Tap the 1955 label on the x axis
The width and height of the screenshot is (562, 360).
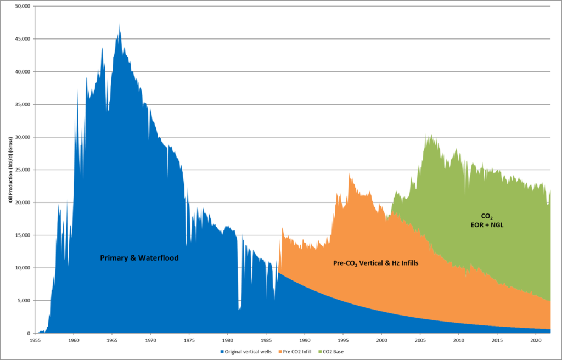(x=35, y=340)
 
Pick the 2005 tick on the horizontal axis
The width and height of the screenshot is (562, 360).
(x=420, y=340)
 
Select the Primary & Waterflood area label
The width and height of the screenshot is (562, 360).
(x=139, y=257)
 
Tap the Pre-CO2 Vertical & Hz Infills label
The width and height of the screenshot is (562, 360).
(x=376, y=263)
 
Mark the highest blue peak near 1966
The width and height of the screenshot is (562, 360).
(x=119, y=25)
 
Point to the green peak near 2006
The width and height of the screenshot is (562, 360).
(x=431, y=136)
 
